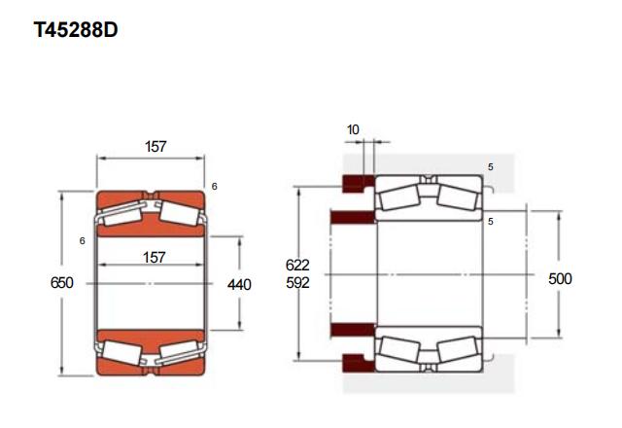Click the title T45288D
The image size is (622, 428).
pyautogui.click(x=76, y=30)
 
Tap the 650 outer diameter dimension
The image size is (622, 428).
pyautogui.click(x=62, y=283)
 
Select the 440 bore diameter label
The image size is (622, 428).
pyautogui.click(x=239, y=284)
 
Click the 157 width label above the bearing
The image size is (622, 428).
pyautogui.click(x=155, y=147)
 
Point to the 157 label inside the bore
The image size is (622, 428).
pyautogui.click(x=154, y=257)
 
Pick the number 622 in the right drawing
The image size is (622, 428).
pyautogui.click(x=297, y=265)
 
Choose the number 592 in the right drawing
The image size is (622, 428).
pyautogui.click(x=297, y=283)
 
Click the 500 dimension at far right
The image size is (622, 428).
pyautogui.click(x=560, y=279)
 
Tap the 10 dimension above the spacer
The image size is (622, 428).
pyautogui.click(x=353, y=129)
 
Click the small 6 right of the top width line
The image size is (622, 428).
pyautogui.click(x=214, y=186)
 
